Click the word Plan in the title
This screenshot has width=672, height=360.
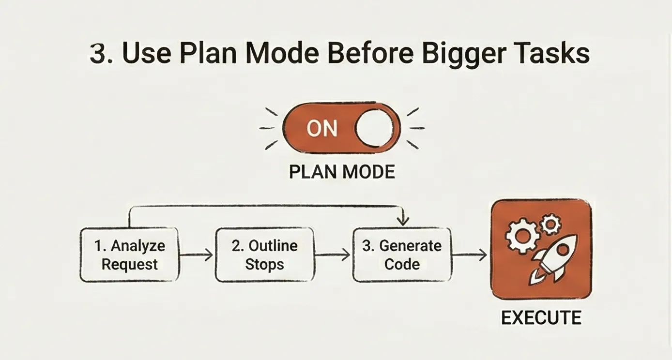coord(205,54)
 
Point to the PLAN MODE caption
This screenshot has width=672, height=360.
coord(342,172)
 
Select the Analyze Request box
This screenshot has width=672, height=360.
coord(129,255)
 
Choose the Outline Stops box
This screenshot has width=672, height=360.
coord(264,255)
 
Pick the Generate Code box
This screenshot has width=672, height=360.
coord(402,255)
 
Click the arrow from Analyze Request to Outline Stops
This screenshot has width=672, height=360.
coord(197,255)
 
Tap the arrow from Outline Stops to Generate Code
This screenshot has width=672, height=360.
coord(333,255)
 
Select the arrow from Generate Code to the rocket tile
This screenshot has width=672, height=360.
coord(470,255)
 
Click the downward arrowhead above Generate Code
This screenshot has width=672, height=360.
coord(402,221)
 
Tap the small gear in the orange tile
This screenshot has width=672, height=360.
coord(550,224)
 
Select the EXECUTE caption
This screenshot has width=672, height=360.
coord(541,318)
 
